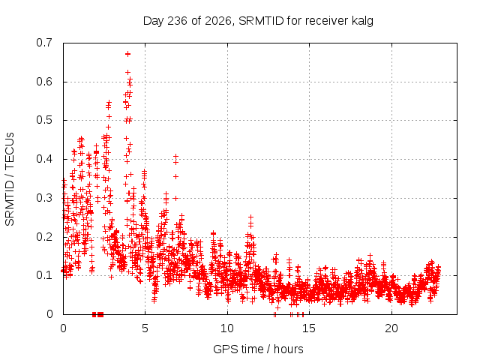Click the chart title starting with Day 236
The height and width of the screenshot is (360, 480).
coord(258,21)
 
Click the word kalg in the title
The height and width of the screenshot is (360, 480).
coord(362,21)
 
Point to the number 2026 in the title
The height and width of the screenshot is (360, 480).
coord(218,21)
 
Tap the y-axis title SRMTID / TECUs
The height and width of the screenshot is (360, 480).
coord(10,179)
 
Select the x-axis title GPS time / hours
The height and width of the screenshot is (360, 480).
coord(258,349)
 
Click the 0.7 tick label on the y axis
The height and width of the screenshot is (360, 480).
coord(44,43)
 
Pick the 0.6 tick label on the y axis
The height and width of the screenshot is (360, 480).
coord(44,82)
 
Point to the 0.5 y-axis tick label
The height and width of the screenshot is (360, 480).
coord(44,120)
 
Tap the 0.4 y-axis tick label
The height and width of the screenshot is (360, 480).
coord(44,159)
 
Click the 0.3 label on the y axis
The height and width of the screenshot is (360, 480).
coord(44,198)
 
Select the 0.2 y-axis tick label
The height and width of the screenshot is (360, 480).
coord(44,237)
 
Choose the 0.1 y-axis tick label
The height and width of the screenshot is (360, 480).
coord(44,275)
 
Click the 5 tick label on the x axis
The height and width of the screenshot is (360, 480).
coord(145,328)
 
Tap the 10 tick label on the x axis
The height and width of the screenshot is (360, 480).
coord(227,328)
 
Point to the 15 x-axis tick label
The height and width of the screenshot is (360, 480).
coord(309,328)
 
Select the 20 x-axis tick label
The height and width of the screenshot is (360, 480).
coord(391,328)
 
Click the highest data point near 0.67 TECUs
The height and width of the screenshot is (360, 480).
coord(128,54)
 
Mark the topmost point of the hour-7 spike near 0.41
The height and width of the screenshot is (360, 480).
coord(175,157)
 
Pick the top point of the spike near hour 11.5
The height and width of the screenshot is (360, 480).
coord(251,217)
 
